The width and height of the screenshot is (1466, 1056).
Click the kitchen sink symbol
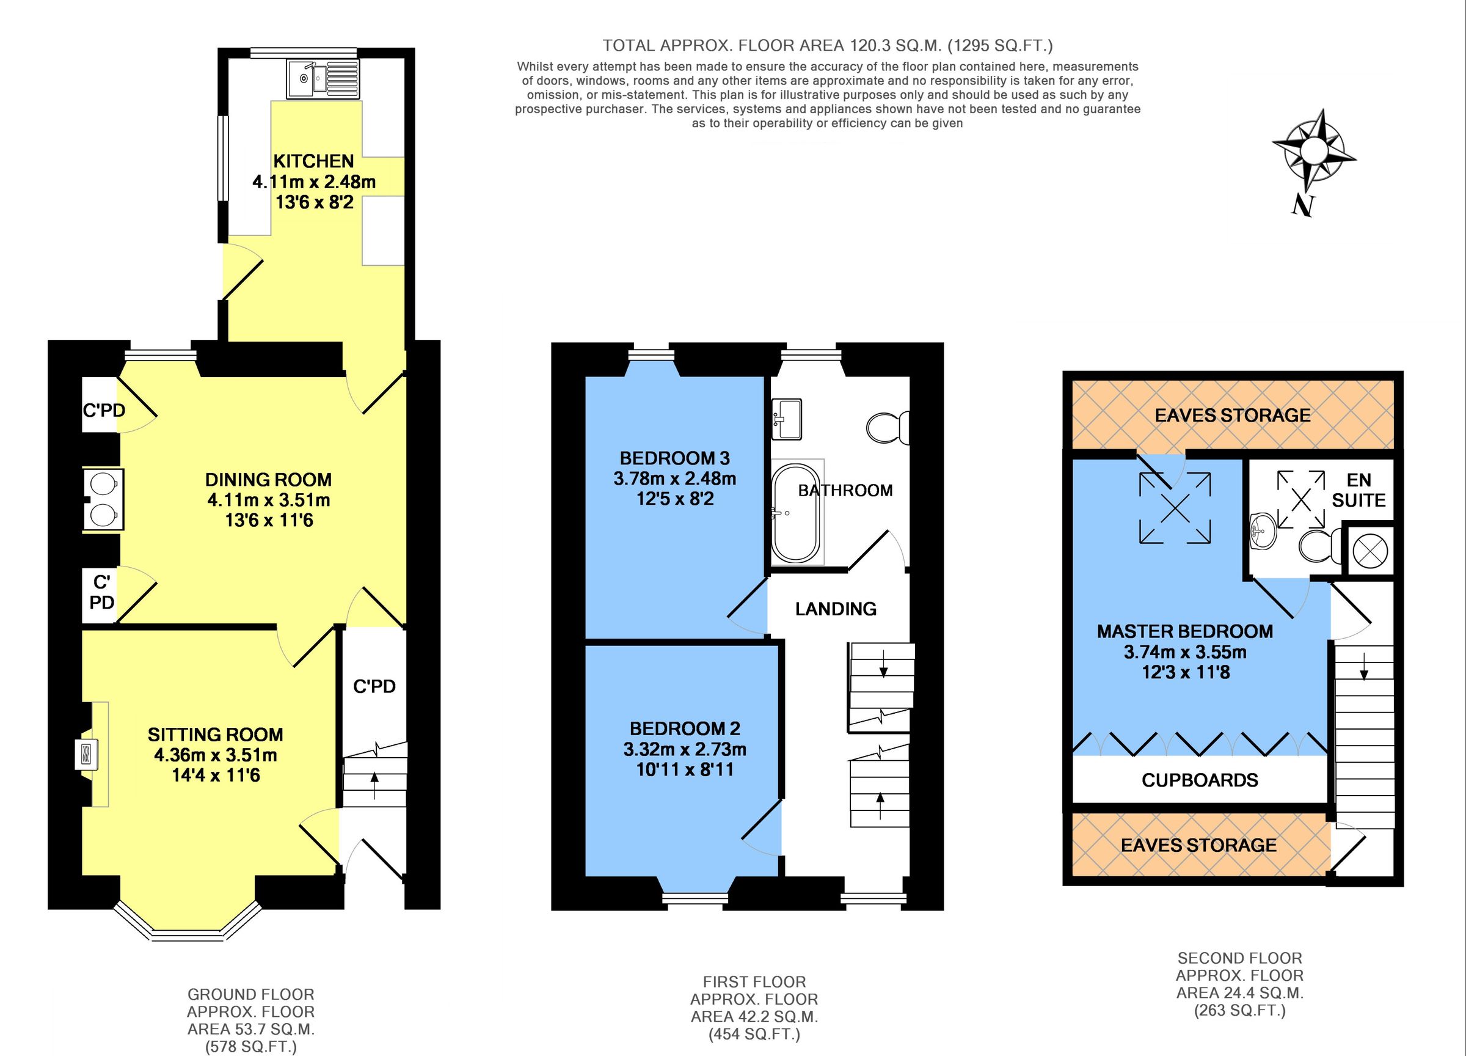tap(321, 80)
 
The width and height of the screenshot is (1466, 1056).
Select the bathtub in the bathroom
tap(795, 513)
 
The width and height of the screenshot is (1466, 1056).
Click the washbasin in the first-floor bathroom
tap(786, 418)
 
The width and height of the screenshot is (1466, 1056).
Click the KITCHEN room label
tap(313, 161)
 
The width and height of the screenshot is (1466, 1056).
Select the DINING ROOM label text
tap(268, 480)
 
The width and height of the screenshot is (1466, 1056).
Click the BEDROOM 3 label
tap(674, 458)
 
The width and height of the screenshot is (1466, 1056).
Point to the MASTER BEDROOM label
tap(1185, 632)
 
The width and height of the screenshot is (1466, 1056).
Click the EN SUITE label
tap(1358, 490)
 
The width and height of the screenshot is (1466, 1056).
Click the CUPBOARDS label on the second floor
tap(1200, 780)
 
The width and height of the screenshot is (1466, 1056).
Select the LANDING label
tap(836, 609)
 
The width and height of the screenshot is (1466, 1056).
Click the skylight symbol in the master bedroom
tap(1174, 508)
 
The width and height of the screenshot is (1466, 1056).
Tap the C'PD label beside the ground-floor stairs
tap(374, 687)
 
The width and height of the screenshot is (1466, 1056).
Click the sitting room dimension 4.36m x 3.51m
tap(215, 755)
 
